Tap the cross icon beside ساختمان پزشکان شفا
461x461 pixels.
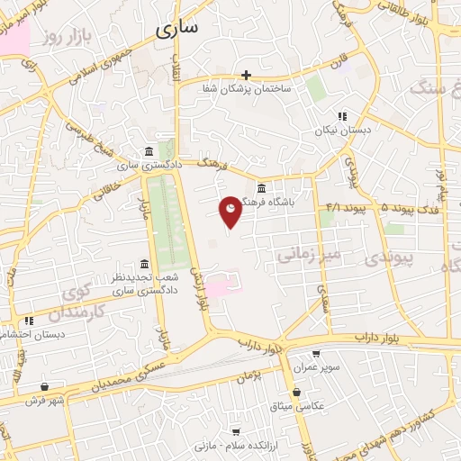[x=246, y=75]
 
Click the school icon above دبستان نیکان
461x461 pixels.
[x=341, y=115]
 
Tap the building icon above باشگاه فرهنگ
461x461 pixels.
[x=261, y=188]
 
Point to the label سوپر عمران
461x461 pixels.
[x=315, y=367]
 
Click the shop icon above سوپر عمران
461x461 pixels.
[x=315, y=354]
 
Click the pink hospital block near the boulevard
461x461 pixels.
[x=222, y=285]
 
